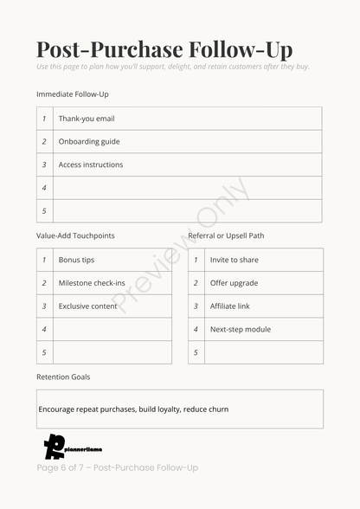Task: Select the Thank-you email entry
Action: [87, 119]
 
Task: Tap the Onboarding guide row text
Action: [89, 141]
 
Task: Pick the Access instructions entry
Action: [91, 164]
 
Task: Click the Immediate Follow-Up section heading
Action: [73, 93]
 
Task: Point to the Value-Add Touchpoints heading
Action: [75, 235]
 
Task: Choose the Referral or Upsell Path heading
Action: [226, 235]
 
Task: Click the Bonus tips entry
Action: [76, 260]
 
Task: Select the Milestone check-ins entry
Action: [92, 283]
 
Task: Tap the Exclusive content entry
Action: [87, 306]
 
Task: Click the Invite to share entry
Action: [234, 260]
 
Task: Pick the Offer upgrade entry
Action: [234, 283]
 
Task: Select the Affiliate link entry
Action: [229, 306]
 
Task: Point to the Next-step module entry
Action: [240, 329]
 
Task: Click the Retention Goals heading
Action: [63, 377]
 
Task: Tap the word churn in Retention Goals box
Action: [218, 409]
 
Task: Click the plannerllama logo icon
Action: [55, 446]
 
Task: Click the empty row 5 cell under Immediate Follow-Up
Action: [187, 210]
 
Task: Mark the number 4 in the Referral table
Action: [196, 329]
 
